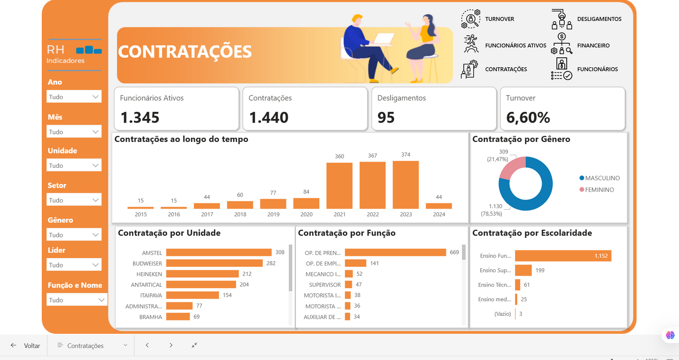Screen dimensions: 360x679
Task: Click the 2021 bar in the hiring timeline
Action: pyautogui.click(x=339, y=186)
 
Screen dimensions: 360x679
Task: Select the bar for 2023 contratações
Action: pyautogui.click(x=406, y=185)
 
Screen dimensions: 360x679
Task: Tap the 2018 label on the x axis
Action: pyautogui.click(x=240, y=214)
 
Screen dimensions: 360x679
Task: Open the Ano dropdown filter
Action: pyautogui.click(x=74, y=97)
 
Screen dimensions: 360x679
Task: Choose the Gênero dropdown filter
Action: pyautogui.click(x=74, y=235)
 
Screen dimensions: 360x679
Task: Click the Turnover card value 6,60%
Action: pyautogui.click(x=528, y=117)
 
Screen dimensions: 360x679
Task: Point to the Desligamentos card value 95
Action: pyautogui.click(x=386, y=117)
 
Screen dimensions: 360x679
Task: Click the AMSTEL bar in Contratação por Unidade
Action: pyautogui.click(x=219, y=252)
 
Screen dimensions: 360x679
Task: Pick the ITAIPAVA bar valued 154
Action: pyautogui.click(x=192, y=295)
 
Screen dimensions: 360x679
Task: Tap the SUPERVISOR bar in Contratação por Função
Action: pyautogui.click(x=348, y=284)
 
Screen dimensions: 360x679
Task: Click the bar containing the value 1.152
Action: pyautogui.click(x=563, y=256)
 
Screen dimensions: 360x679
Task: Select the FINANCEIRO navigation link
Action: pyautogui.click(x=593, y=46)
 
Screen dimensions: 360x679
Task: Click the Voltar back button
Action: pyautogui.click(x=26, y=345)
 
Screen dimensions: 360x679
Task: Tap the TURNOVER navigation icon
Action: pyautogui.click(x=470, y=19)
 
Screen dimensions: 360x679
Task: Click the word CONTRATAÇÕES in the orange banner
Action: pyautogui.click(x=185, y=52)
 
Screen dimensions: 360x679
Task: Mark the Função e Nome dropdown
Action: pyautogui.click(x=77, y=300)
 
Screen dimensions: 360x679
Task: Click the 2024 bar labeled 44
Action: pyautogui.click(x=438, y=206)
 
